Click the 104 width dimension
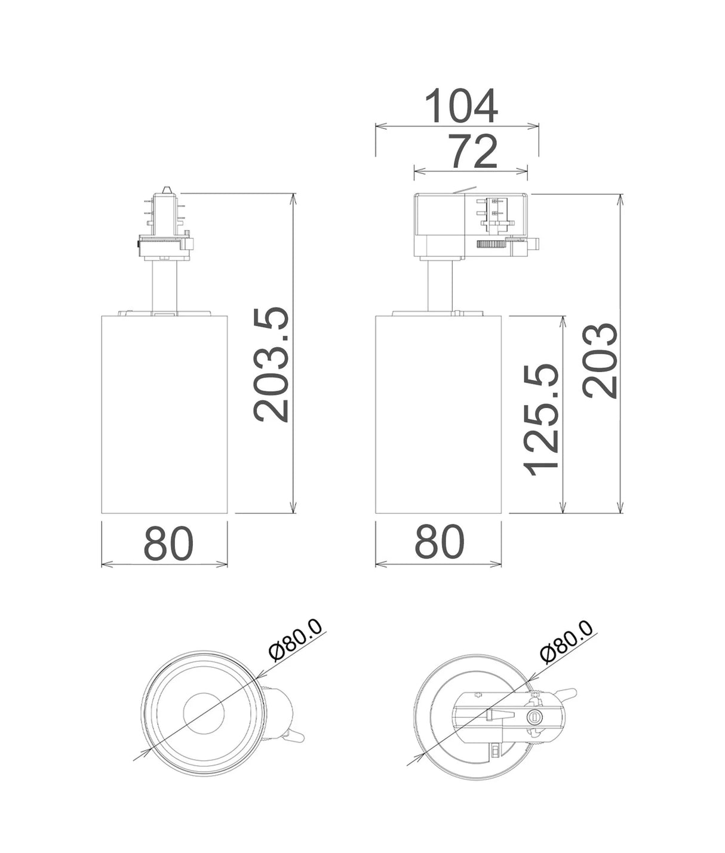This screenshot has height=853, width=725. coord(460,106)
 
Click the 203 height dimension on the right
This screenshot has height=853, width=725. coord(600,361)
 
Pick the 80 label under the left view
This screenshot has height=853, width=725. coord(168,542)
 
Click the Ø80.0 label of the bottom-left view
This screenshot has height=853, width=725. coord(295,648)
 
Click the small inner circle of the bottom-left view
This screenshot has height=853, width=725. coord(203,713)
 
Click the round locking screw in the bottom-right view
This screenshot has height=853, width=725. coord(535,715)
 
